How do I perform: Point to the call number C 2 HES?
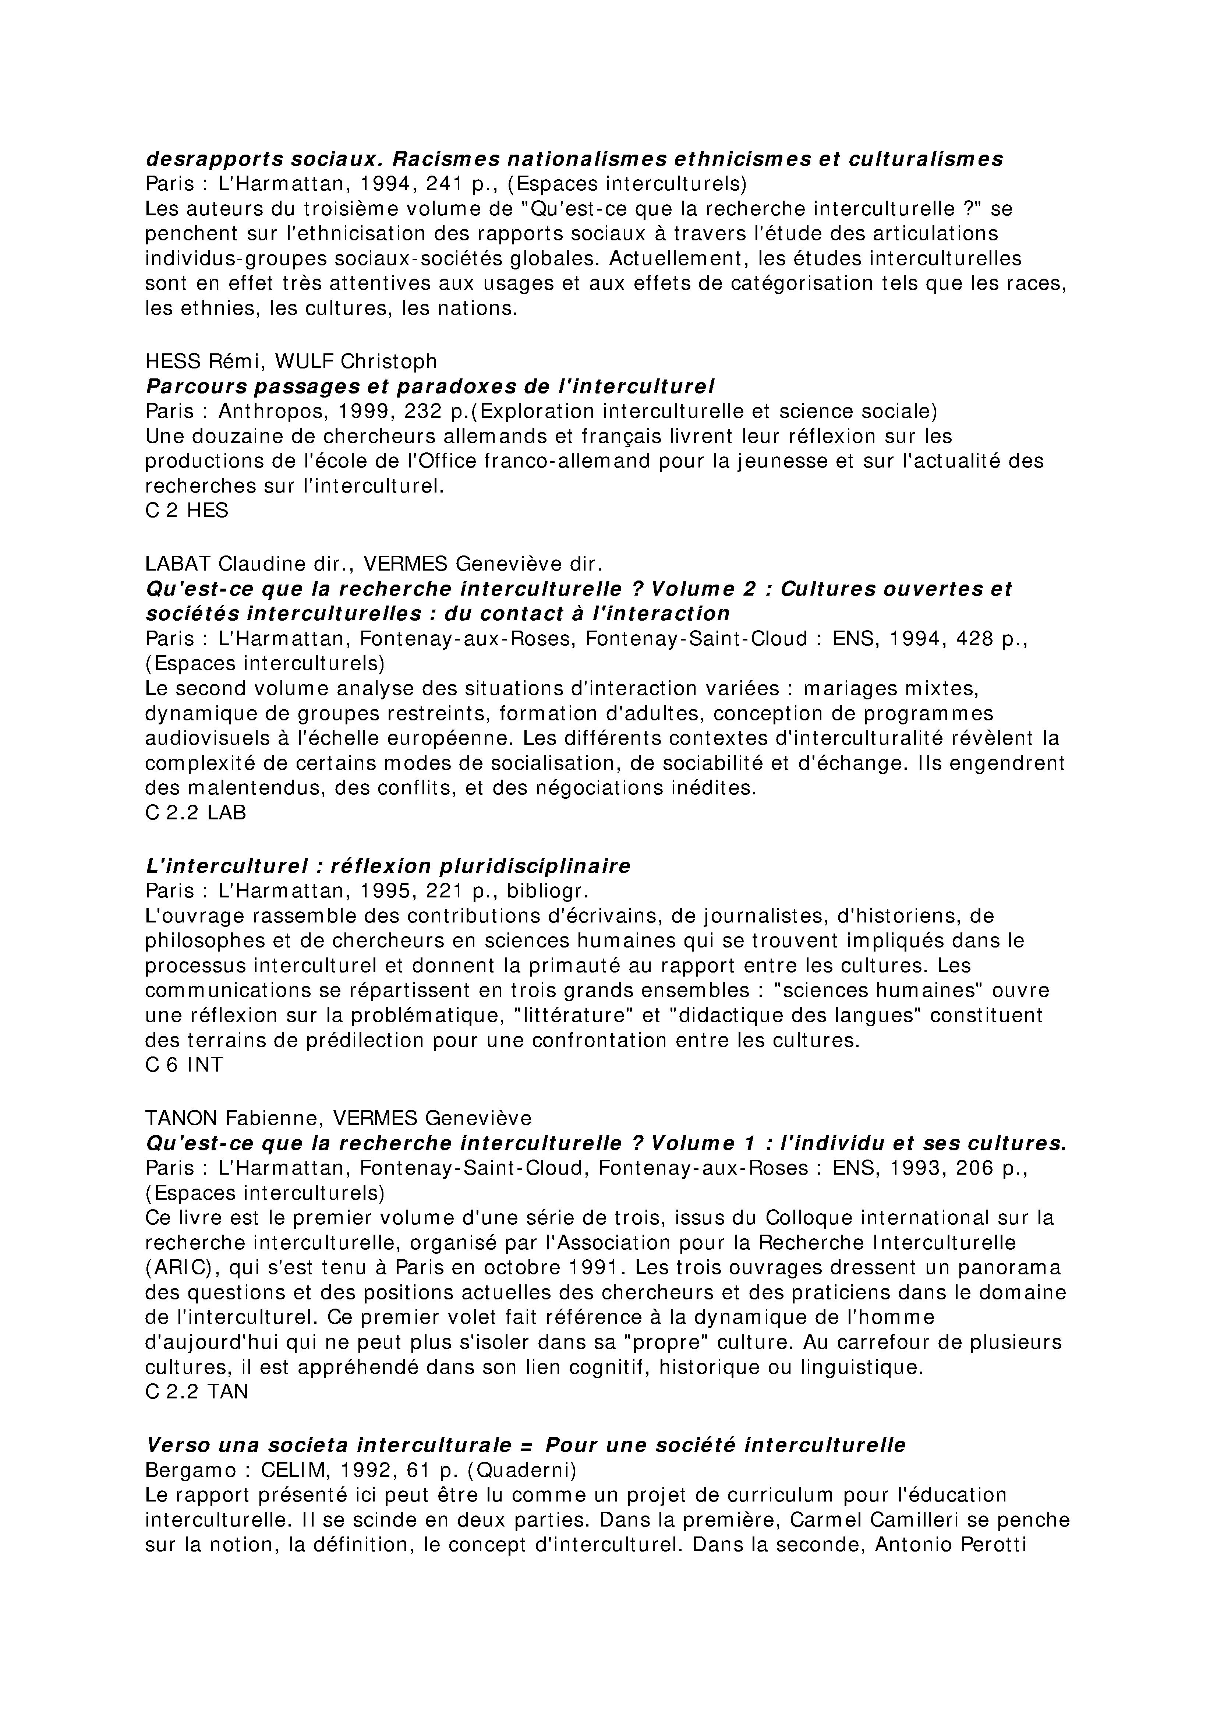(x=187, y=511)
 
